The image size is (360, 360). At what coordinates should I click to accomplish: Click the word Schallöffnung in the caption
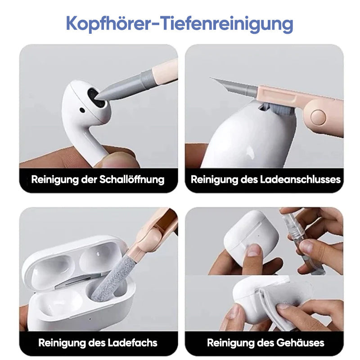pyautogui.click(x=132, y=180)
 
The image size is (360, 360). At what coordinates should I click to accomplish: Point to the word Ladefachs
pyautogui.click(x=132, y=343)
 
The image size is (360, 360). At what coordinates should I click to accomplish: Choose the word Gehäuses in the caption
pyautogui.click(x=300, y=343)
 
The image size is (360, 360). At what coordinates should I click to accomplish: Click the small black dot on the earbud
pyautogui.click(x=82, y=110)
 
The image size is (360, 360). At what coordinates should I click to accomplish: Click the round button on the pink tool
pyautogui.click(x=318, y=117)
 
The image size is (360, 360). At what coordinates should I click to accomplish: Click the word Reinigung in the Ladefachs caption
pyautogui.click(x=61, y=343)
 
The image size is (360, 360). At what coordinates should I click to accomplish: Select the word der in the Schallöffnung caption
pyautogui.click(x=89, y=180)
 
